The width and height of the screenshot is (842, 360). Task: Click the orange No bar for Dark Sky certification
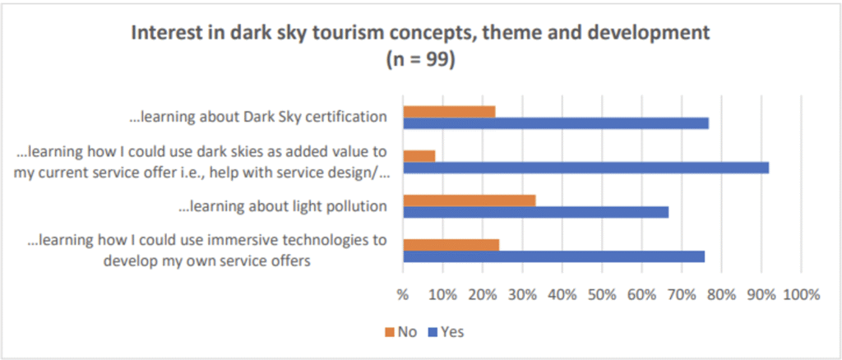pyautogui.click(x=449, y=111)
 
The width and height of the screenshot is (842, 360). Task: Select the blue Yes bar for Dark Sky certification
pyautogui.click(x=556, y=123)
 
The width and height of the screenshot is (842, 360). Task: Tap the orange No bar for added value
pyautogui.click(x=419, y=155)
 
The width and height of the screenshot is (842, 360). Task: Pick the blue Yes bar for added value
pyautogui.click(x=585, y=168)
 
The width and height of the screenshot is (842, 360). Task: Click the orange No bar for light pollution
pyautogui.click(x=470, y=200)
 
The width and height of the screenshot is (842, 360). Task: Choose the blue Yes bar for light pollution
pyautogui.click(x=535, y=212)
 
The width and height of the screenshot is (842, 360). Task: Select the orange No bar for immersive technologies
pyautogui.click(x=451, y=244)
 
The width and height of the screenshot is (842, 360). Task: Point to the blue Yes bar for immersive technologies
pyautogui.click(x=553, y=256)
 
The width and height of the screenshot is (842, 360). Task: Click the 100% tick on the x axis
pyautogui.click(x=801, y=294)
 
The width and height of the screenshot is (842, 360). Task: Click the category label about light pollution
pyautogui.click(x=283, y=206)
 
